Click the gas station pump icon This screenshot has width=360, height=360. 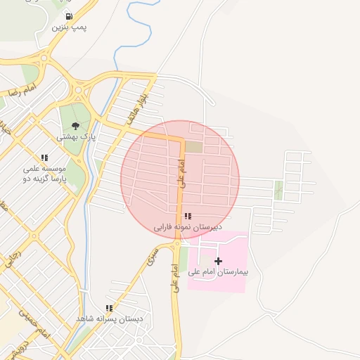(x=68, y=16)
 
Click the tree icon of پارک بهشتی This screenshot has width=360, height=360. (x=75, y=125)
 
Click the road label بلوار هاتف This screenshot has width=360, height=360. (x=136, y=105)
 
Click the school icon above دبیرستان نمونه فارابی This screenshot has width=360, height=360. (x=188, y=217)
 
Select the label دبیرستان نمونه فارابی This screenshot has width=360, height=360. (x=188, y=228)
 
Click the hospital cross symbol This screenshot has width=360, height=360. (x=218, y=261)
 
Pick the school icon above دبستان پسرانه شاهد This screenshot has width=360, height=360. (x=109, y=308)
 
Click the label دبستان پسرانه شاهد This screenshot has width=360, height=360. (x=110, y=319)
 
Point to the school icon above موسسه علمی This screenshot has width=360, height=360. (x=44, y=158)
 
